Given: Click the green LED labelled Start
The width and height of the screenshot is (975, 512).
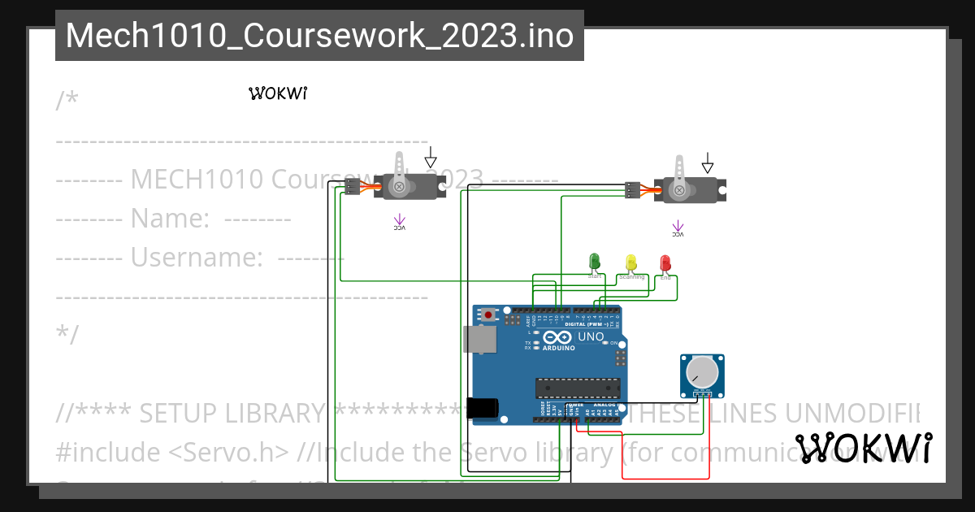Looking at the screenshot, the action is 594,261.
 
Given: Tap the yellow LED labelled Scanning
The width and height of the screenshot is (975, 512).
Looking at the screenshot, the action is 631,263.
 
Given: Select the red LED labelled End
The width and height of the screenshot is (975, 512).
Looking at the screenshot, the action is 665,263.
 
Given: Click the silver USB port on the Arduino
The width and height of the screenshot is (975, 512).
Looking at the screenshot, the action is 480,340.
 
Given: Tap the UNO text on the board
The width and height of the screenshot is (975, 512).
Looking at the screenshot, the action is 591,336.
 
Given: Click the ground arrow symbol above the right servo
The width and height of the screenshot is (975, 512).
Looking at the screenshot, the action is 708,163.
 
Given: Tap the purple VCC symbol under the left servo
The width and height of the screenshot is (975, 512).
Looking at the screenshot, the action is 399,222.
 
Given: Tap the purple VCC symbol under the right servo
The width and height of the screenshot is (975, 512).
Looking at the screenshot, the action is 677,228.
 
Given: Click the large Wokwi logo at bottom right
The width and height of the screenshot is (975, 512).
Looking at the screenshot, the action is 864,448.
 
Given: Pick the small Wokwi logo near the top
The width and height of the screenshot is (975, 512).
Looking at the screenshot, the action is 277,93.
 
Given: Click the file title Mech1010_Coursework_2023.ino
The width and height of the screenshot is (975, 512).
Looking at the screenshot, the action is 319,36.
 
